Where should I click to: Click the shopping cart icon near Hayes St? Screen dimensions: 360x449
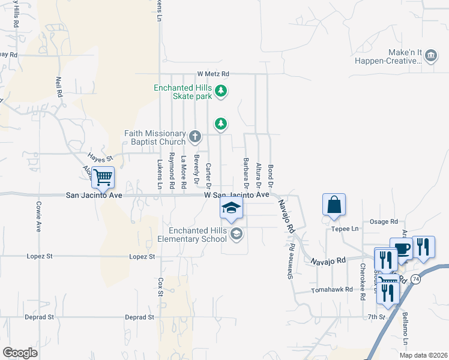[x=103, y=176]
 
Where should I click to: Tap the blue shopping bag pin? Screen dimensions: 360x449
[x=334, y=205]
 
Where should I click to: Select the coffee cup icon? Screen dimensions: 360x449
[x=401, y=248]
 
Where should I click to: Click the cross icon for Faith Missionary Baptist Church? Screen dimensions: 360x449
[x=194, y=137]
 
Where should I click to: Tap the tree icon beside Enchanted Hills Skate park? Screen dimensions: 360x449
[x=221, y=91]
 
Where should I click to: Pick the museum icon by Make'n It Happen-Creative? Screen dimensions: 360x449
[x=430, y=56]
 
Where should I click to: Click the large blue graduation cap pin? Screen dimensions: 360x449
[x=231, y=208]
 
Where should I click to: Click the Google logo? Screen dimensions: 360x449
[x=20, y=352]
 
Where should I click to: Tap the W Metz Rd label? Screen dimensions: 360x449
[x=213, y=74]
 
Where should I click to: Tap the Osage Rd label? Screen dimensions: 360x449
[x=384, y=221]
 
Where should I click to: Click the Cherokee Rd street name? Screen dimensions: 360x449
[x=363, y=281]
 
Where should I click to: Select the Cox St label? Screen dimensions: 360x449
[x=160, y=287]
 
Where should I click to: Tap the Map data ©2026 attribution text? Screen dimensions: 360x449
[x=423, y=355]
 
